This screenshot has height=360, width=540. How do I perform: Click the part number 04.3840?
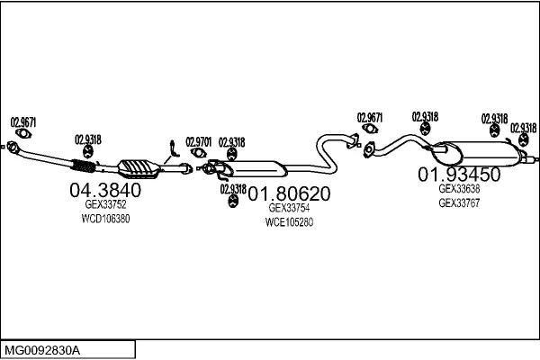tap(105, 190)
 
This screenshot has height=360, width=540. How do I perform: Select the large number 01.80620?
tap(289, 193)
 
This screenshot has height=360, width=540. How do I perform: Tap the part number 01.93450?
tap(458, 174)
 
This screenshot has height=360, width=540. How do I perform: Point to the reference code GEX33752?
tap(105, 204)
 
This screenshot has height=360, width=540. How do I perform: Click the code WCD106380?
tap(105, 219)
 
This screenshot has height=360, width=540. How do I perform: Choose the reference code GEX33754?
tap(289, 207)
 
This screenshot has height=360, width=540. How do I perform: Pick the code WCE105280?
tap(289, 221)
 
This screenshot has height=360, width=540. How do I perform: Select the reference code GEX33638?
tap(459, 189)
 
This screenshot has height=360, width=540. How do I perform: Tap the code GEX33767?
tap(459, 203)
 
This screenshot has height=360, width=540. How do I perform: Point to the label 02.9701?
tap(198, 141)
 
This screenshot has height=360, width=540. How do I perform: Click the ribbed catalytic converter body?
tap(138, 167)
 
